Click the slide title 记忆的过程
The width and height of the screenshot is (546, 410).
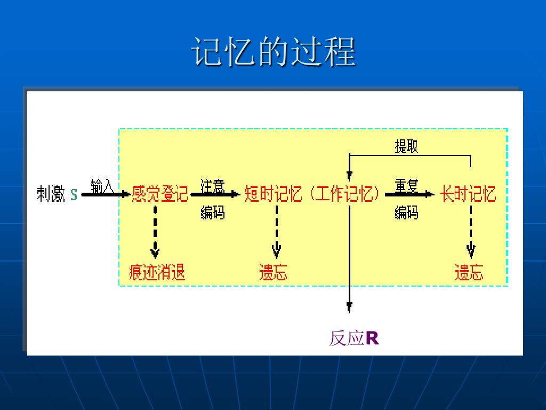tap(274, 52)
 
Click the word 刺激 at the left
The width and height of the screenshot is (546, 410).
tap(51, 194)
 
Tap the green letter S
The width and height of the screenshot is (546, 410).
tap(74, 195)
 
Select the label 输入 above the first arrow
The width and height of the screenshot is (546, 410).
tap(102, 186)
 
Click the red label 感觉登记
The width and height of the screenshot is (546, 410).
tap(160, 194)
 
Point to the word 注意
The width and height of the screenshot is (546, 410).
tap(213, 186)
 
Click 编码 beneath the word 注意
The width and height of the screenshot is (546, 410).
tap(213, 212)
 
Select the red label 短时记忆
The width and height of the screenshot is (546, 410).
tap(274, 194)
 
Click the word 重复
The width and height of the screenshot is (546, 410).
tap(406, 186)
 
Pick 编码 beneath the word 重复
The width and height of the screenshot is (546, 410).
tap(406, 212)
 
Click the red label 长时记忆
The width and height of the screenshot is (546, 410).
tap(469, 194)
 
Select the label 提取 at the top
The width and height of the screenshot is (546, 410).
tap(406, 146)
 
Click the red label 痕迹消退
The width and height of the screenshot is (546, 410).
tap(157, 273)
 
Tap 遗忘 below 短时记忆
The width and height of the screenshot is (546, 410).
tap(273, 273)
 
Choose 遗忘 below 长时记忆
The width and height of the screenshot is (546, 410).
tap(469, 273)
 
